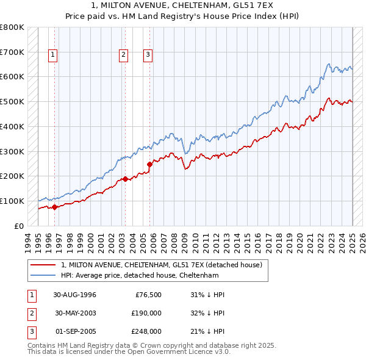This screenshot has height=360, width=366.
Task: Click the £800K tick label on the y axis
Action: click(x=12, y=27)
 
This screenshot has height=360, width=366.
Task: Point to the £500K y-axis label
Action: click(x=12, y=102)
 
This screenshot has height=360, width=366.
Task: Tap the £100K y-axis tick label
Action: click(x=12, y=201)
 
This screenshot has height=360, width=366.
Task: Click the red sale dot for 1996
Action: click(x=54, y=207)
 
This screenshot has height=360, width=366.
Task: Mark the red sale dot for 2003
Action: click(x=125, y=179)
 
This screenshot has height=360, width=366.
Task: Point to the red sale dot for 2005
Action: click(x=150, y=164)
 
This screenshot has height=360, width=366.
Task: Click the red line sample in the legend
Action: click(x=43, y=265)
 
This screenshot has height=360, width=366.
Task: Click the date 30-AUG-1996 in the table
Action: click(x=75, y=295)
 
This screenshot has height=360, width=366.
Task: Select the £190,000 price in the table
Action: click(x=146, y=313)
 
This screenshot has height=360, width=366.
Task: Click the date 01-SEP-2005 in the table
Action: click(x=75, y=331)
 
